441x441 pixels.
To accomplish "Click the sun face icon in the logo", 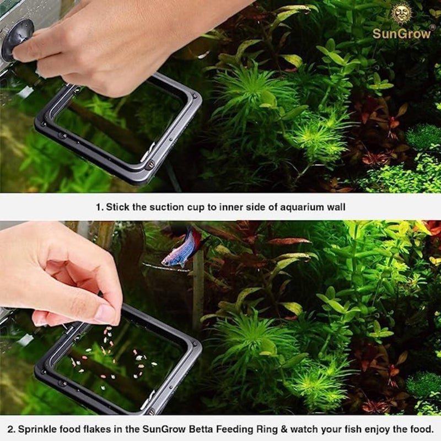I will [x=401, y=13].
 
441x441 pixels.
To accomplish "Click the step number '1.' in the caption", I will [x=99, y=208].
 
